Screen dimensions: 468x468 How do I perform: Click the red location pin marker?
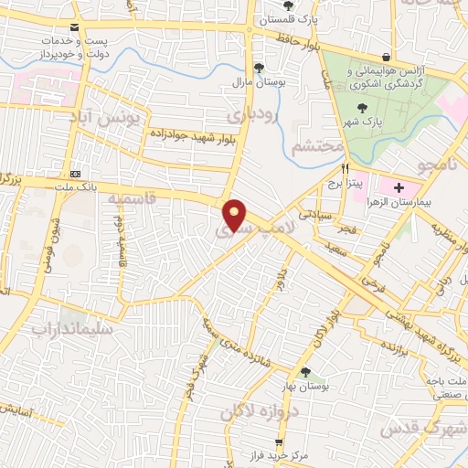coord(236,214)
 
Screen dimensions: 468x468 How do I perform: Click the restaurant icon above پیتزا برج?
coord(346,169)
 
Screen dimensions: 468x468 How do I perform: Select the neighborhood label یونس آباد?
coord(110,119)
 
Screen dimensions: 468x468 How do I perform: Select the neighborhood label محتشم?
coord(319,146)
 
